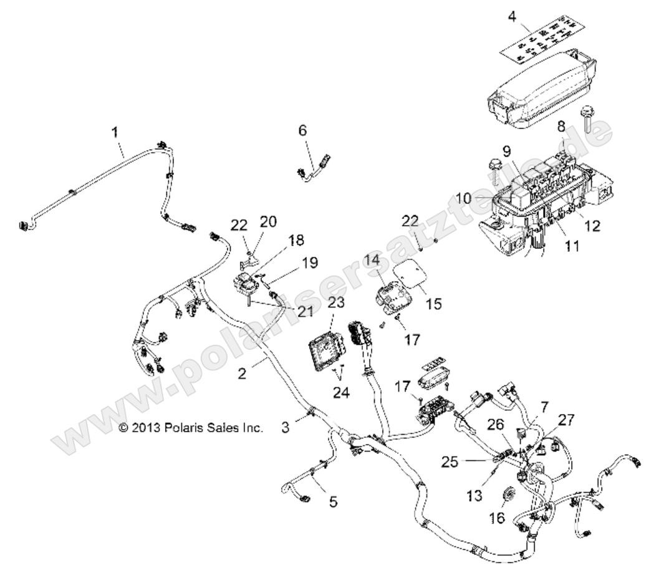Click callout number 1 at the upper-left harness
tap(114, 132)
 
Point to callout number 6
tap(302, 130)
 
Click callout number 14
tap(389, 259)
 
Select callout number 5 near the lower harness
tap(333, 501)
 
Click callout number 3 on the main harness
tap(285, 428)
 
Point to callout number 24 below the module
tap(342, 392)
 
